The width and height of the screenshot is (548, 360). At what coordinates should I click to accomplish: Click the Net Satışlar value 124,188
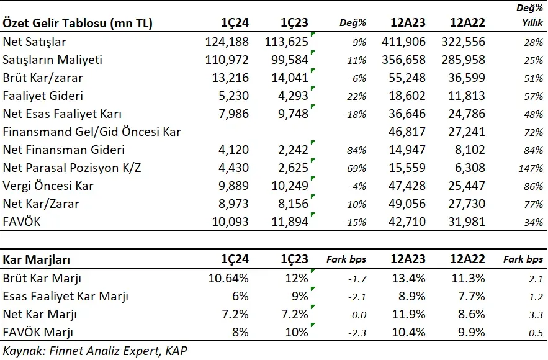pyautogui.click(x=227, y=42)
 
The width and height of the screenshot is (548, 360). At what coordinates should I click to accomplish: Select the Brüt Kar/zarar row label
pyautogui.click(x=43, y=78)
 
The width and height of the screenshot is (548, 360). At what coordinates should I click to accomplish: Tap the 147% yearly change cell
pyautogui.click(x=531, y=168)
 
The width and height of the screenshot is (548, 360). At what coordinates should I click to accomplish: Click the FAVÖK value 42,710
pyautogui.click(x=407, y=222)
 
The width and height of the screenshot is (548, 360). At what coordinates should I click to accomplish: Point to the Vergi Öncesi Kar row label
pyautogui.click(x=48, y=186)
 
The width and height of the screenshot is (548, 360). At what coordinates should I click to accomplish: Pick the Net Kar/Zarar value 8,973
pyautogui.click(x=233, y=204)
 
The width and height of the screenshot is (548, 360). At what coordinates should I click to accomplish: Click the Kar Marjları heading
pyautogui.click(x=37, y=259)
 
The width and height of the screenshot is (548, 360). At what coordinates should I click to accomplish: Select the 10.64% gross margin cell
pyautogui.click(x=228, y=279)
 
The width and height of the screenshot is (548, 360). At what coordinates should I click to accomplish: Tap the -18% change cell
pyautogui.click(x=355, y=115)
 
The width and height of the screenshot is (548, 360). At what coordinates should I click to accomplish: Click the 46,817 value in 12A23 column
pyautogui.click(x=407, y=132)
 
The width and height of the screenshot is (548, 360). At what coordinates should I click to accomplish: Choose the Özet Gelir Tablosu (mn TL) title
pyautogui.click(x=78, y=23)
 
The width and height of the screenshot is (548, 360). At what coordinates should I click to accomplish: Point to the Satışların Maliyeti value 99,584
pyautogui.click(x=289, y=60)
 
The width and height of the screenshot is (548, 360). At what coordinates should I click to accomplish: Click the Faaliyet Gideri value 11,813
pyautogui.click(x=467, y=96)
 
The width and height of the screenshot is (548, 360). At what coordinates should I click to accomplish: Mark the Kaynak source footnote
pyautogui.click(x=95, y=351)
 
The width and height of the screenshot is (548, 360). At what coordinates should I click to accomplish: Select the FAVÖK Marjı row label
pyautogui.click(x=38, y=333)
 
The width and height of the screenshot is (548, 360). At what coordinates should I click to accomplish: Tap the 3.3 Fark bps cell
pyautogui.click(x=536, y=315)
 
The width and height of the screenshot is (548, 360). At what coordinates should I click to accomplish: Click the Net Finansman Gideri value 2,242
pyautogui.click(x=293, y=150)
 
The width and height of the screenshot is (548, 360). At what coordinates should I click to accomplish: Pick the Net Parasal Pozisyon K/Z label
pyautogui.click(x=72, y=168)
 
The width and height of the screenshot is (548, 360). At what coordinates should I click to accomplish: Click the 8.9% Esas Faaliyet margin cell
pyautogui.click(x=412, y=297)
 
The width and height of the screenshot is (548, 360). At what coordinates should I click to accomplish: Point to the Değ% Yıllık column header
pyautogui.click(x=530, y=16)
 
